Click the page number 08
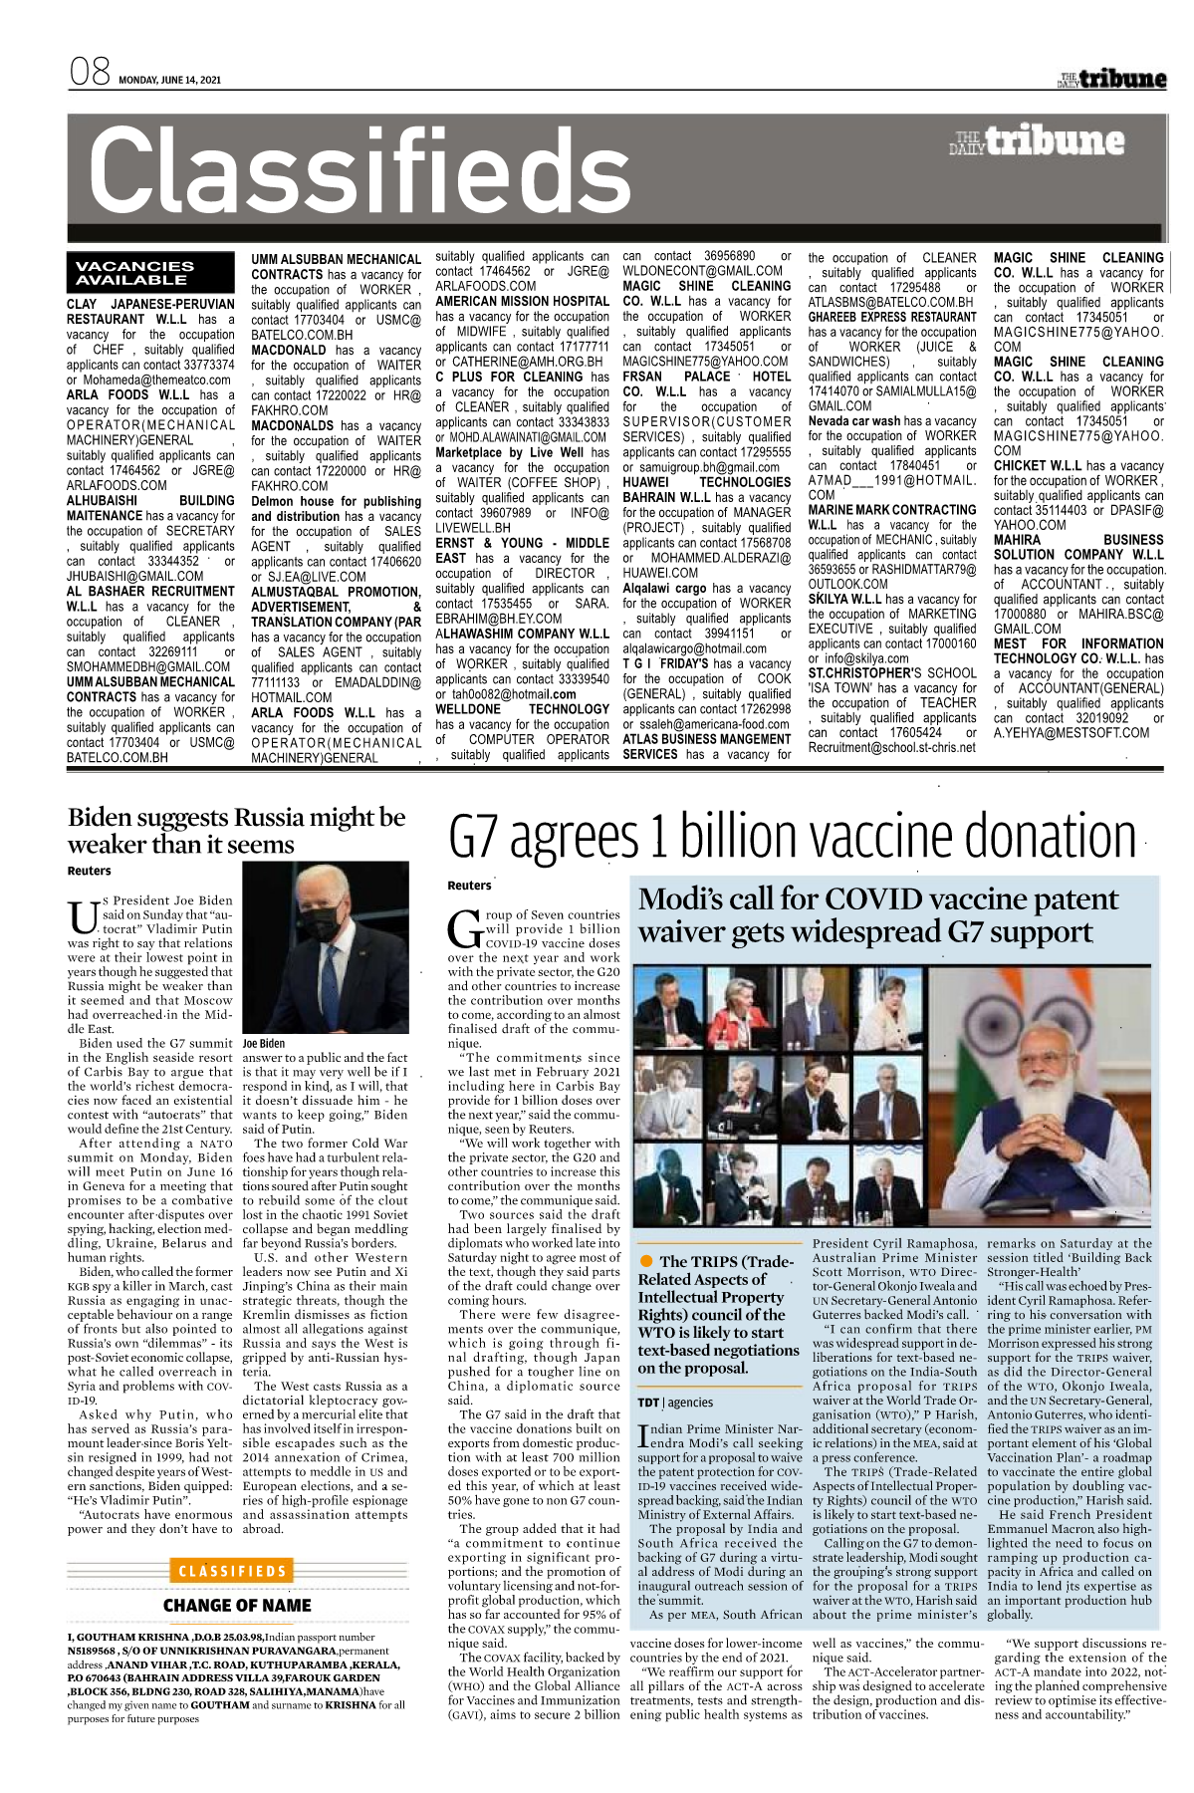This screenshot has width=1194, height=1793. pyautogui.click(x=89, y=74)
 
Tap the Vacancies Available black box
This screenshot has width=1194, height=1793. pyautogui.click(x=135, y=273)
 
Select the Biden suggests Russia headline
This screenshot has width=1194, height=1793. pyautogui.click(x=237, y=831)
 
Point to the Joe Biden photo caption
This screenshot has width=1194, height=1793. pyautogui.click(x=264, y=1043)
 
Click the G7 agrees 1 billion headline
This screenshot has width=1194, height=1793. pyautogui.click(x=793, y=837)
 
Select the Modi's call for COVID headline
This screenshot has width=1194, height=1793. pyautogui.click(x=877, y=914)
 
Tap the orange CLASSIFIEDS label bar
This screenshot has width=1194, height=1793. pyautogui.click(x=233, y=1571)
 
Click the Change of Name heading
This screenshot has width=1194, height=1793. pyautogui.click(x=237, y=1605)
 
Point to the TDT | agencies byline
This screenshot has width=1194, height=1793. pyautogui.click(x=675, y=1403)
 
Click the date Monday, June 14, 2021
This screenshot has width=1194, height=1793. pyautogui.click(x=169, y=81)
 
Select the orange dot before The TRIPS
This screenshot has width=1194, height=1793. pyautogui.click(x=646, y=1261)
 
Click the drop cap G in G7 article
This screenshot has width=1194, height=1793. pyautogui.click(x=465, y=927)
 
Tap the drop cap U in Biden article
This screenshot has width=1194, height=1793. pyautogui.click(x=83, y=914)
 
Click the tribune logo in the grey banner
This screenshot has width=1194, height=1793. pyautogui.click(x=1038, y=141)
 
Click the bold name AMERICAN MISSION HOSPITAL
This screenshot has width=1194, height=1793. pyautogui.click(x=522, y=301)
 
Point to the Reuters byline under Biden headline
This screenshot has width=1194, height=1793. pyautogui.click(x=90, y=871)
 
